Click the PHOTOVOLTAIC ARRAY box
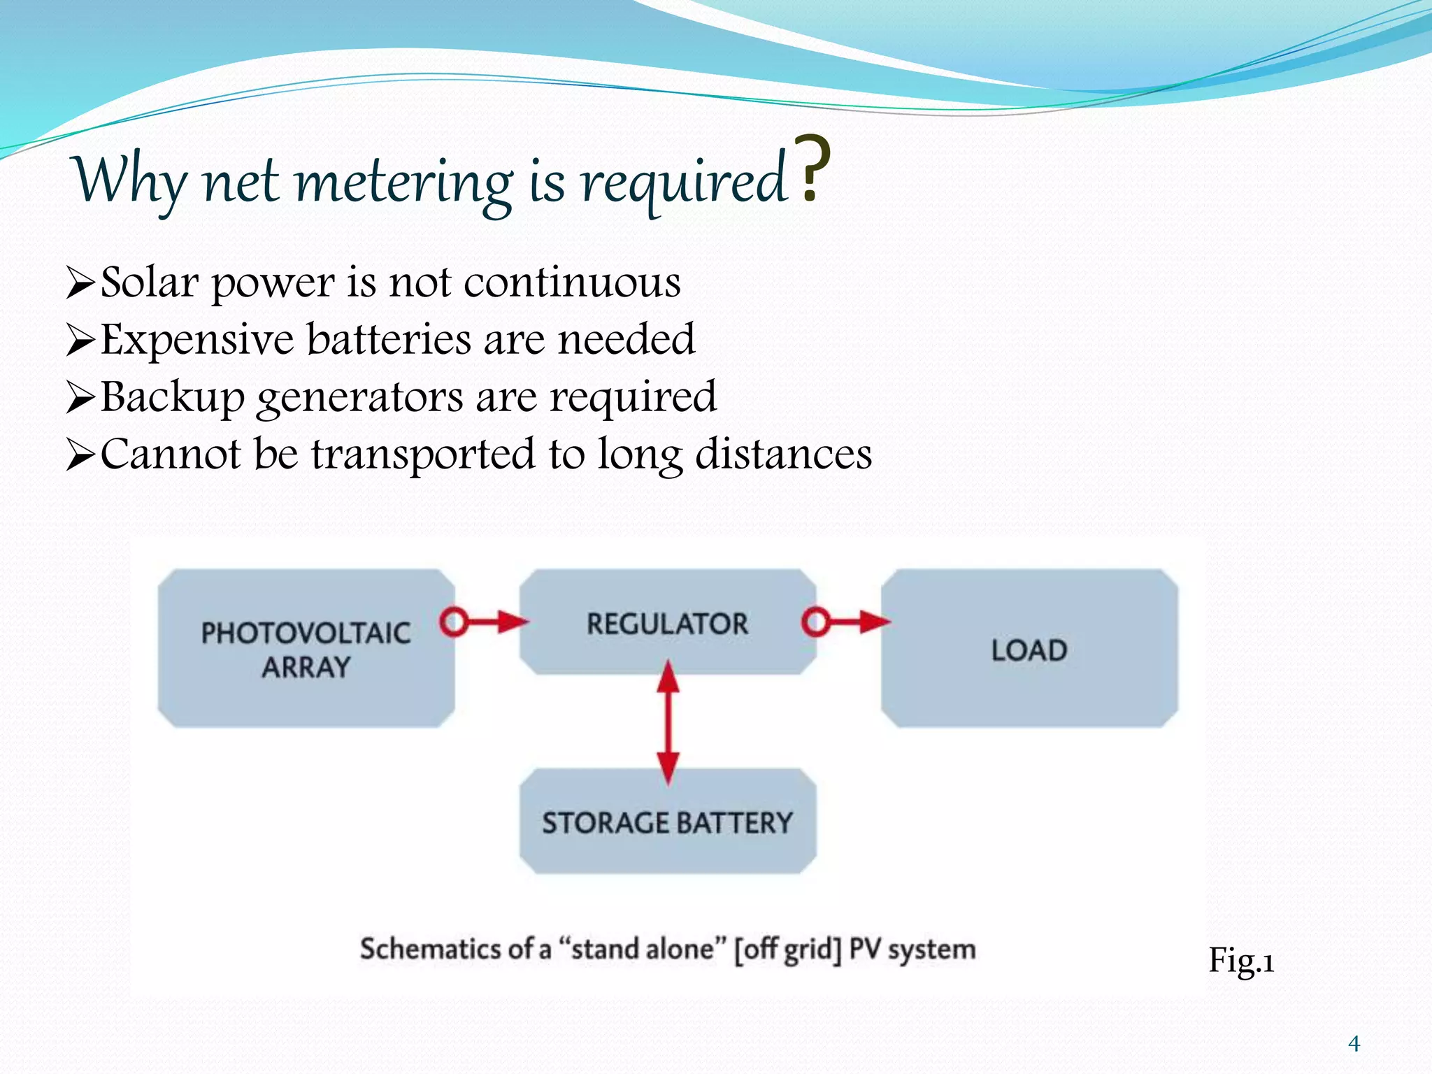[306, 648]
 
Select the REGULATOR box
[667, 622]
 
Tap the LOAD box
[1029, 649]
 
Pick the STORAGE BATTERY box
[667, 822]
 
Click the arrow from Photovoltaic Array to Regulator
[484, 621]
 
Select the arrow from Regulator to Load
[846, 621]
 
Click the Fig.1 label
[1241, 961]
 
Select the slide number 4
[1354, 1044]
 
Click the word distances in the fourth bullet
[783, 454]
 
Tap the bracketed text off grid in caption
[787, 949]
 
